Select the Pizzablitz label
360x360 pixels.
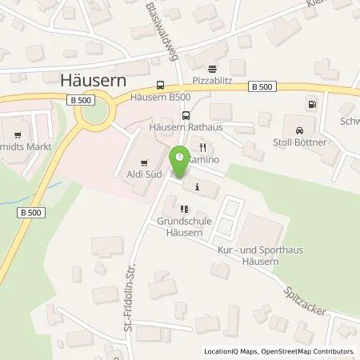(212, 82)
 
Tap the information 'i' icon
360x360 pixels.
(197, 187)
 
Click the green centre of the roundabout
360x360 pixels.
(94, 116)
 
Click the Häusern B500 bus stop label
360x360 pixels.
(162, 99)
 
